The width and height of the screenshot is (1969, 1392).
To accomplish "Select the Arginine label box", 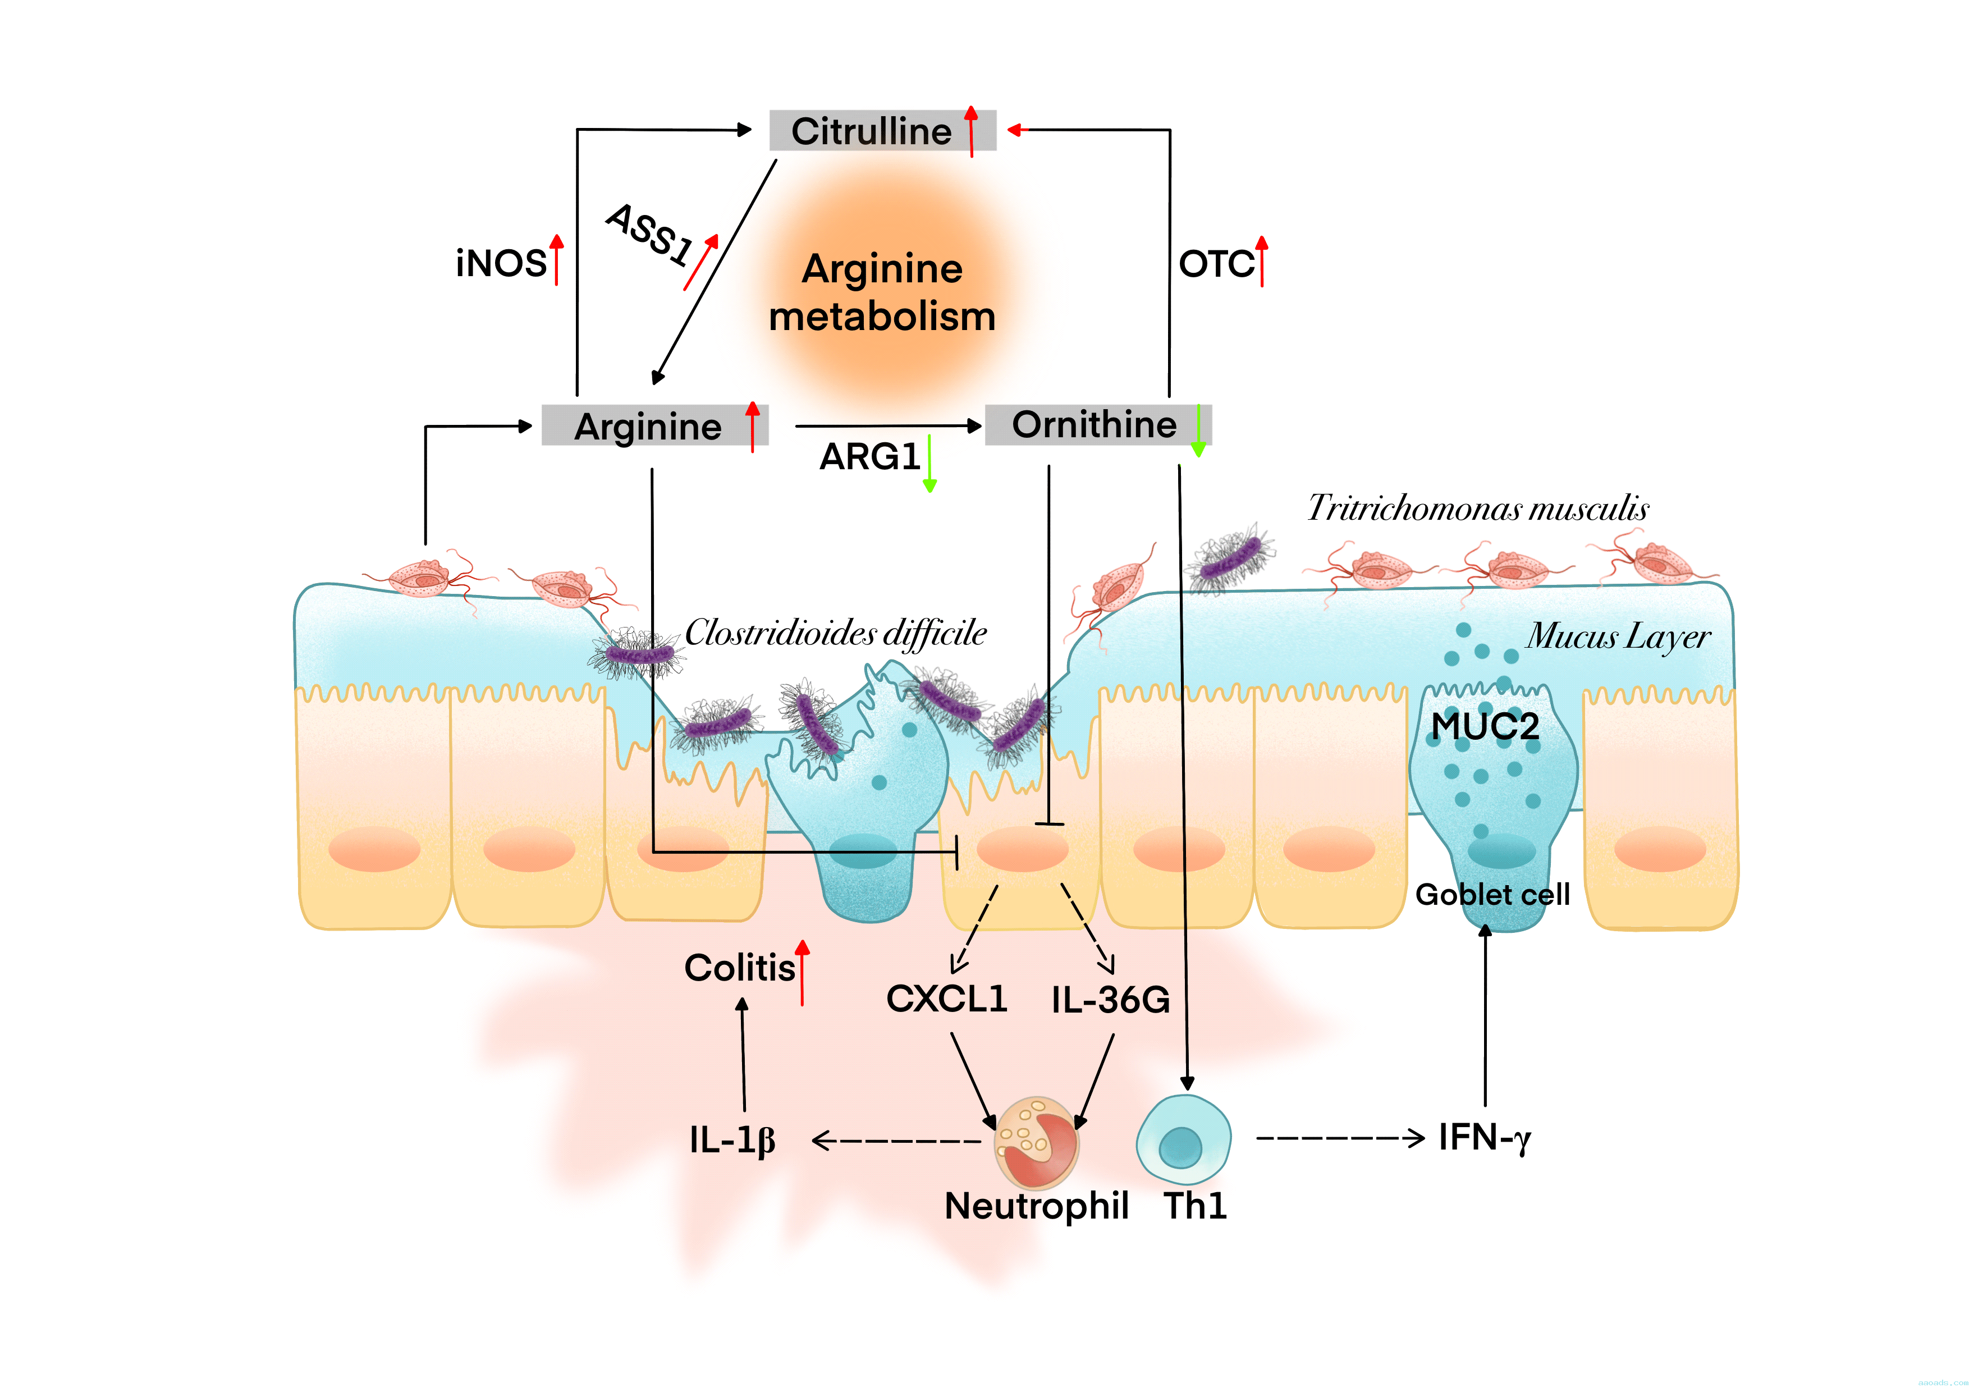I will (x=654, y=426).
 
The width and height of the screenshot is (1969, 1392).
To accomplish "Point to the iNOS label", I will (x=501, y=263).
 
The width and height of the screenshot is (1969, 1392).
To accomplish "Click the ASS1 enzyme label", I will (x=650, y=233).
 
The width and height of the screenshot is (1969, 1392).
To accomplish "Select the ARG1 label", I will (x=869, y=457).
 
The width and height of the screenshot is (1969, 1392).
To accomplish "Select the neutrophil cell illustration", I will (x=1036, y=1142).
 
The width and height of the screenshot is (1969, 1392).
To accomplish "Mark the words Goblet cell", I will (x=1492, y=895).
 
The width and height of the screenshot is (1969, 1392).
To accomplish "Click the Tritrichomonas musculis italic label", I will (x=1478, y=509).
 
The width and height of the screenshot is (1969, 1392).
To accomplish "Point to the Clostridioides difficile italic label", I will (x=835, y=633).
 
